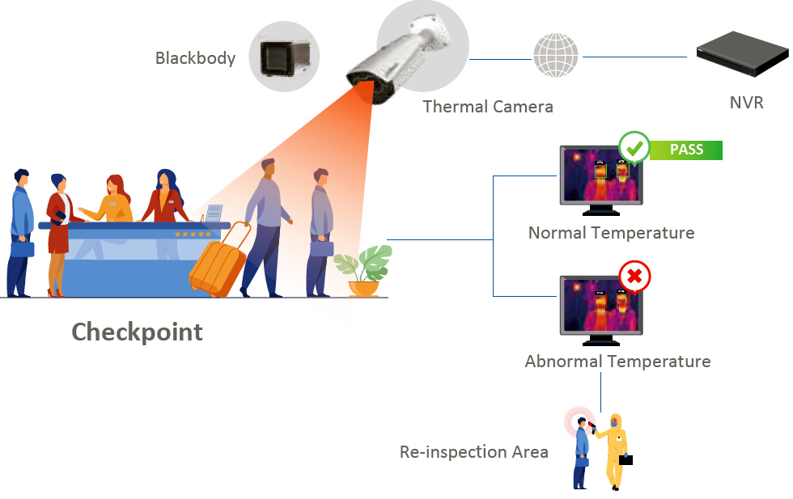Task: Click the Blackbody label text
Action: coord(195,58)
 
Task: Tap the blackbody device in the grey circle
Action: coord(282,57)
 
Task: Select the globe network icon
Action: coord(556,56)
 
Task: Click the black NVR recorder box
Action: coord(742,55)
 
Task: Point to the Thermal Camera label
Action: coord(488,107)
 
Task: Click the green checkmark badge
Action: coord(634,149)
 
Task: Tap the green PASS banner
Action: coord(686,150)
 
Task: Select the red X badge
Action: coord(634,277)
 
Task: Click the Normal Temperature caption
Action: coord(611,233)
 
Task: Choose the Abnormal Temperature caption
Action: coord(617,362)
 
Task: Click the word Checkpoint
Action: coord(137,332)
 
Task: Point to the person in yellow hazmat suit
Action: coord(616,450)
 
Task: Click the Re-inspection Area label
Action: coord(473,452)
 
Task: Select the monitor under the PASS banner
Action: coord(600,180)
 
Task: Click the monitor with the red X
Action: coord(600,307)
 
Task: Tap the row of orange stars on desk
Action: coord(193,234)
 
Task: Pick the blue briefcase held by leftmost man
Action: coord(22,249)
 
